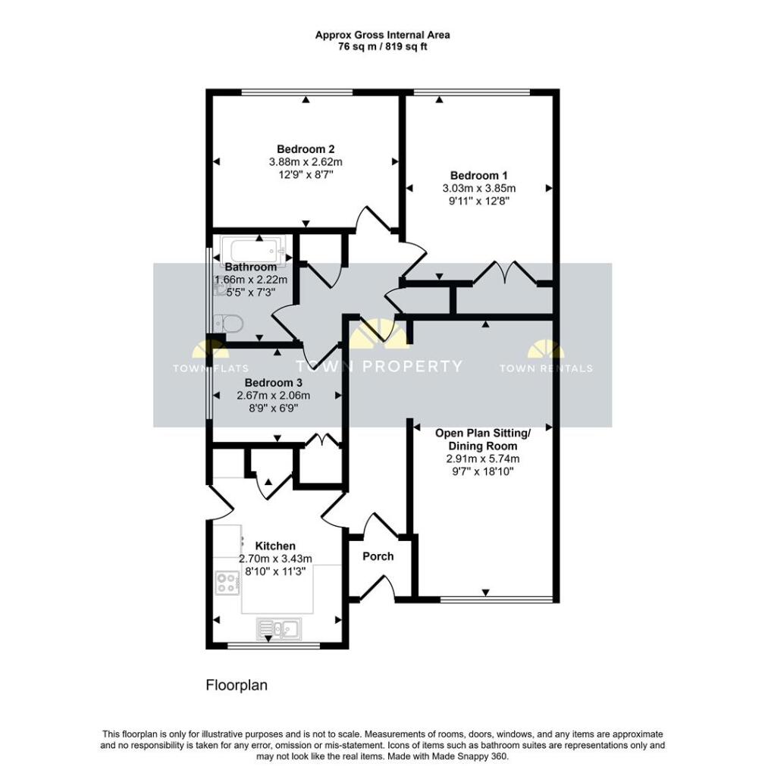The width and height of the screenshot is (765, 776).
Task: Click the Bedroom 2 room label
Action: (306, 149)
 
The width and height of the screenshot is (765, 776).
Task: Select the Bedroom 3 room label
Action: (274, 383)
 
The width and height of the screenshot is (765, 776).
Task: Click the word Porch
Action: (378, 556)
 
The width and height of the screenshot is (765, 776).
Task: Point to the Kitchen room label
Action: (274, 546)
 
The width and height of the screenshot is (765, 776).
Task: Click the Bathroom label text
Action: (251, 268)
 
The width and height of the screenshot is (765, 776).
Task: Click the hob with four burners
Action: (227, 582)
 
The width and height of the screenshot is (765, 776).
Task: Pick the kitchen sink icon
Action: (279, 628)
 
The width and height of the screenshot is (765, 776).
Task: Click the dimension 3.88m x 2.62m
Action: (306, 162)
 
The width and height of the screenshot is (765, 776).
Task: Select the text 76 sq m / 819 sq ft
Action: (382, 46)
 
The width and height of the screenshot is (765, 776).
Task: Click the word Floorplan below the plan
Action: (237, 685)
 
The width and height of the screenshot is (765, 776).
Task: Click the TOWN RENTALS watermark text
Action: (546, 369)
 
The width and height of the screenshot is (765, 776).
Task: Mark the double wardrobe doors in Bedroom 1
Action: (502, 271)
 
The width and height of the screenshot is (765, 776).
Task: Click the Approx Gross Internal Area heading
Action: (382, 35)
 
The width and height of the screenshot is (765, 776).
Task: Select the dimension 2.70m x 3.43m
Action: (274, 559)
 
